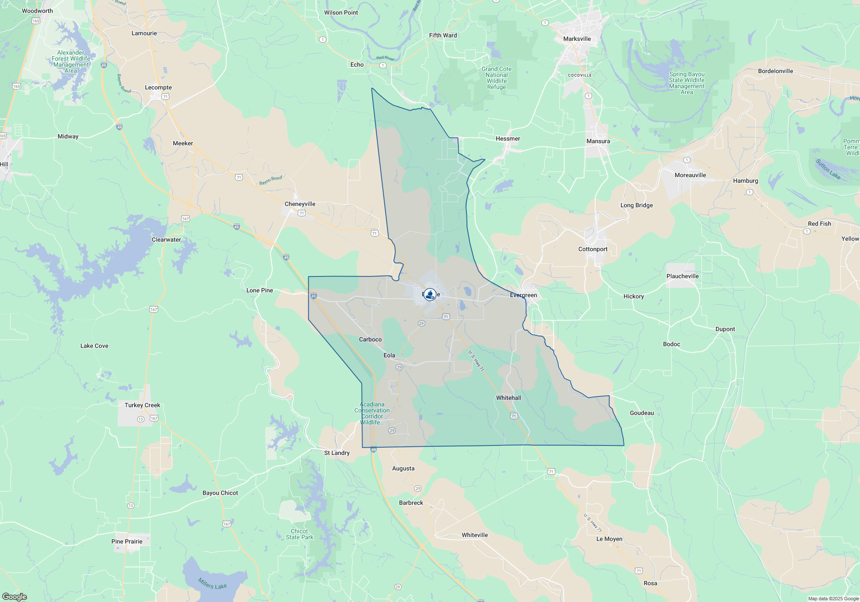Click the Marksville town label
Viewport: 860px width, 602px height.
click(577, 39)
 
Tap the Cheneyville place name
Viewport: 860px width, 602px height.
click(300, 204)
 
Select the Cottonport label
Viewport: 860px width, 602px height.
click(593, 249)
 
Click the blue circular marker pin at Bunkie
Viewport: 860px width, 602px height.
click(430, 295)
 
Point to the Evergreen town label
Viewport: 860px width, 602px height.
click(523, 295)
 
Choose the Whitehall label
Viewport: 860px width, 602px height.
click(508, 398)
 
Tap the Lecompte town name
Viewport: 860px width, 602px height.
click(158, 87)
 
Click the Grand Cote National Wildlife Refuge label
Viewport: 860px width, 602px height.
click(496, 78)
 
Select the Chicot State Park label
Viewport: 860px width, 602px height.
click(300, 534)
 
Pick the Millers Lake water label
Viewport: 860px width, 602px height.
click(212, 584)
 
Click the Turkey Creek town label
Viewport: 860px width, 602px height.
click(142, 405)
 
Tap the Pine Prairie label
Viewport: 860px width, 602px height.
click(127, 541)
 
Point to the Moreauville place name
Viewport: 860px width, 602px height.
click(690, 175)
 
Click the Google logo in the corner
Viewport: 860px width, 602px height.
click(14, 597)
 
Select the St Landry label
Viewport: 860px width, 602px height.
click(337, 453)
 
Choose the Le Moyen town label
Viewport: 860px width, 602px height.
click(609, 539)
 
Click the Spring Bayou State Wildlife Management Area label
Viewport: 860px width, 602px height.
click(687, 83)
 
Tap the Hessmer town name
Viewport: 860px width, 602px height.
click(508, 138)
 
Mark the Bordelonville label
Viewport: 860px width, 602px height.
click(775, 71)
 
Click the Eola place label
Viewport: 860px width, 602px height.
click(389, 355)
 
